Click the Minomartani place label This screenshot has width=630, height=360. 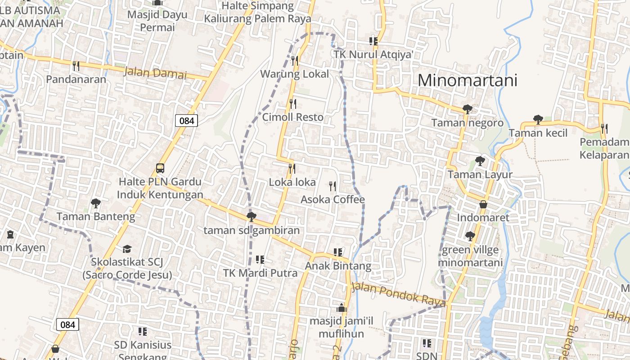468,80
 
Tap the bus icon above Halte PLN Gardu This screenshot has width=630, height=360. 160,168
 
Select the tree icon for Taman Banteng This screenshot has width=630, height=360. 95,203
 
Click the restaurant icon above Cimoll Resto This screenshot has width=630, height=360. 293,104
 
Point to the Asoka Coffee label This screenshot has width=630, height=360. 333,199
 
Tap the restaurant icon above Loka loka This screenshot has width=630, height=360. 292,169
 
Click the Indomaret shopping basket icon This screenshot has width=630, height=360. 483,204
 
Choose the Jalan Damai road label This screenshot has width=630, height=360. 154,73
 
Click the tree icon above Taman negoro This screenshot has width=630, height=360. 467,109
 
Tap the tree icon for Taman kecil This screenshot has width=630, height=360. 538,119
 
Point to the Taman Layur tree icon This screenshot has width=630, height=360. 480,161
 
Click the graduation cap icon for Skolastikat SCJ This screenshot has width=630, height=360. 127,248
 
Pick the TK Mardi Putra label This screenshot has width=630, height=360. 260,273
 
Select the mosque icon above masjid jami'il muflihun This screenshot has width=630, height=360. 341,308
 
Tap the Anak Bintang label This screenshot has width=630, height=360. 338,266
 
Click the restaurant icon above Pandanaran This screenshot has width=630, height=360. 76,66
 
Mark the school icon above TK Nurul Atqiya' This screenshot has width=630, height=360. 373,41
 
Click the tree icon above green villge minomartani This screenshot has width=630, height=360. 470,236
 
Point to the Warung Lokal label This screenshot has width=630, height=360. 295,74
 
